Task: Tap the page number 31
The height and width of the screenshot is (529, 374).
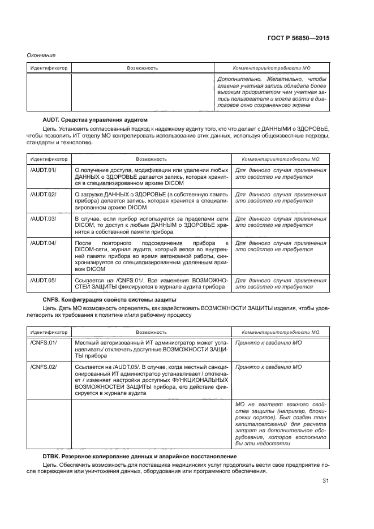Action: click(x=325, y=482)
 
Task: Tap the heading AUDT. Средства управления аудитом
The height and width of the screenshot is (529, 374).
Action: click(x=94, y=120)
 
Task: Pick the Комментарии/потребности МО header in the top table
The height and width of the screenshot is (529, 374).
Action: click(x=272, y=68)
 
